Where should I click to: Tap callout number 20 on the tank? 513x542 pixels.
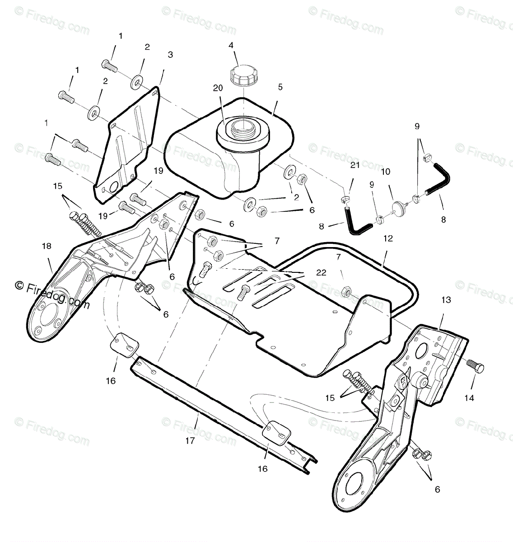218,89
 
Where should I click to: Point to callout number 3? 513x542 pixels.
170,55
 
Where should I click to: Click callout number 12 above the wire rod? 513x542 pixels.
388,238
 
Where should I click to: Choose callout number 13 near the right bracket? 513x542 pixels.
446,300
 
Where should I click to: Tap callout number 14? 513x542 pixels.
470,398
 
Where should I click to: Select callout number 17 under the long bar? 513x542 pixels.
190,441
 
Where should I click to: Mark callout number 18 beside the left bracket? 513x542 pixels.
47,246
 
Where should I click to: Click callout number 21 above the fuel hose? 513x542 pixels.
355,165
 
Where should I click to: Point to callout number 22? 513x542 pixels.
321,273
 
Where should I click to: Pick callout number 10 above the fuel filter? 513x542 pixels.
385,172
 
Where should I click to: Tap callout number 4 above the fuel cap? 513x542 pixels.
231,45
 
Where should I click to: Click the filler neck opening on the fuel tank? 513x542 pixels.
243,125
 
